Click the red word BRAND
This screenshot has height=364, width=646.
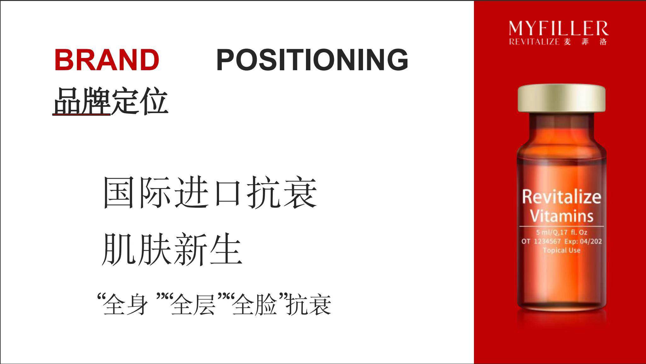pos(107,60)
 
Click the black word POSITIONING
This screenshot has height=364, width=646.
pos(312,60)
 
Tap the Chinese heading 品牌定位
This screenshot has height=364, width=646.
pos(110,101)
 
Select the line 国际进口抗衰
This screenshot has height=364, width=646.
pos(210,193)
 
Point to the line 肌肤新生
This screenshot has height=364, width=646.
pos(172,249)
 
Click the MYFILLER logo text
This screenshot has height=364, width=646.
pos(558,29)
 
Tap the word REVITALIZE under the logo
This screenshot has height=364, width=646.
pos(534,42)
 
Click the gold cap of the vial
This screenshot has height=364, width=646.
pos(562,98)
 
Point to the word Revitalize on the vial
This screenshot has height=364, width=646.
pos(562,197)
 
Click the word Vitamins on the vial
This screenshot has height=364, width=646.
pos(562,216)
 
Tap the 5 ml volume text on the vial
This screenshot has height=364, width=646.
pos(543,233)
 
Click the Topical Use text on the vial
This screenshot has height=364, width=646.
pos(562,250)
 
